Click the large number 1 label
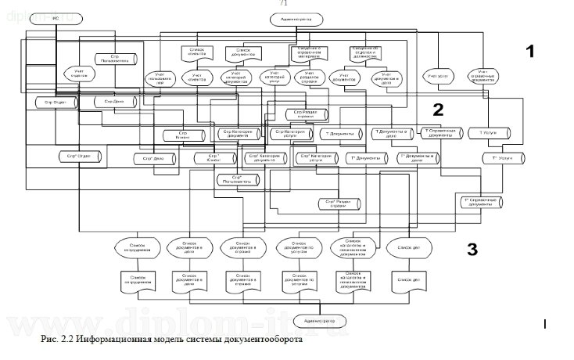529,52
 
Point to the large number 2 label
438,108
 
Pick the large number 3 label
471,250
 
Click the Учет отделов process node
79,74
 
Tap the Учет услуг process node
436,77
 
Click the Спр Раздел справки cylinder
304,114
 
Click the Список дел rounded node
406,248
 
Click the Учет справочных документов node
483,77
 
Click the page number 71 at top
283,4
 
